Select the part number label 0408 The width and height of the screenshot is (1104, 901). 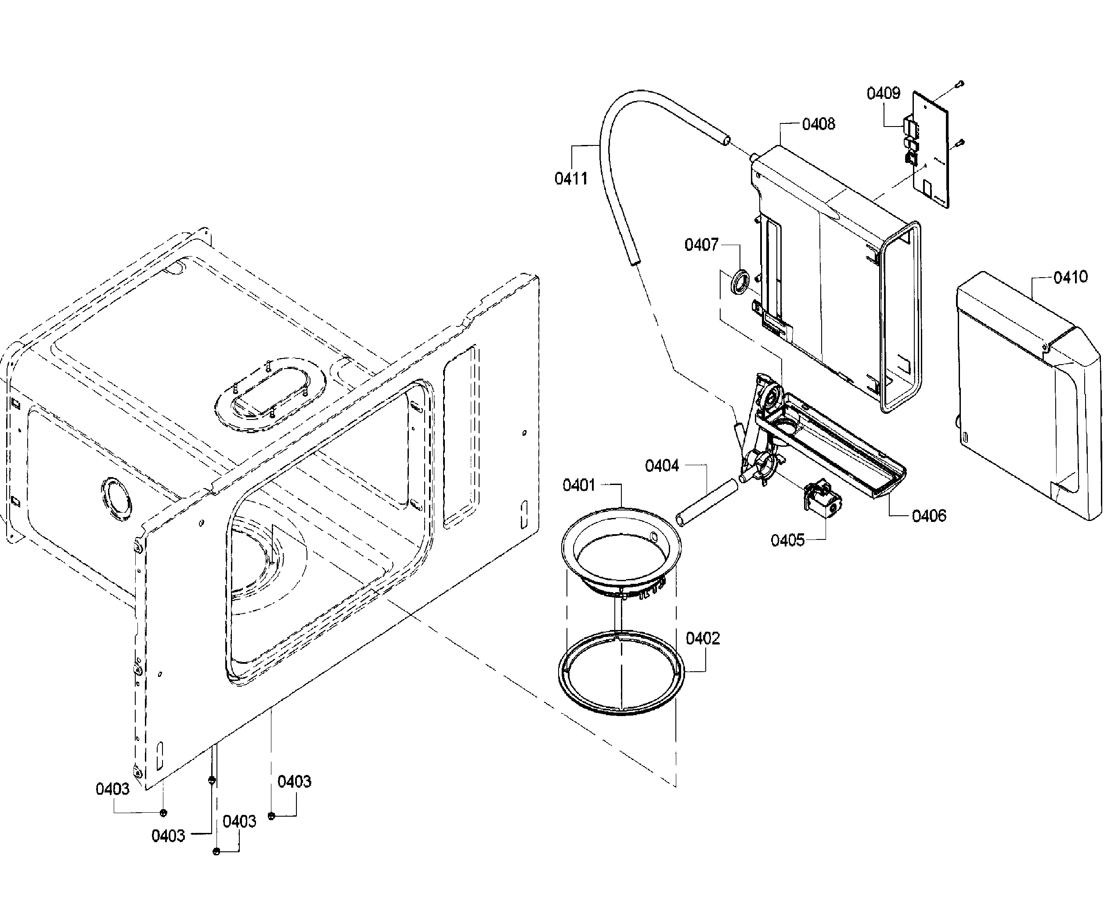(x=818, y=124)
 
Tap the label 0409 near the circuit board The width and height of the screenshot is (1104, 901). (x=883, y=94)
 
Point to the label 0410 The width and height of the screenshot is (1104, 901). (x=1070, y=277)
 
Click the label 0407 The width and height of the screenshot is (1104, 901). (x=701, y=245)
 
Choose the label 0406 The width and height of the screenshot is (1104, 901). (x=929, y=515)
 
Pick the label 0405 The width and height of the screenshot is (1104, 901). (x=787, y=540)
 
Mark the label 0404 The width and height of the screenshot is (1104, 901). (x=661, y=466)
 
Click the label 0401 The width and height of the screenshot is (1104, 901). (x=578, y=485)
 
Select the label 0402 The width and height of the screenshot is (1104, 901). (x=703, y=638)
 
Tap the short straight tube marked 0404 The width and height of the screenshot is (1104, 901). (x=707, y=503)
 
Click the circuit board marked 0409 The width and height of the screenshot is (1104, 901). (x=931, y=151)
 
